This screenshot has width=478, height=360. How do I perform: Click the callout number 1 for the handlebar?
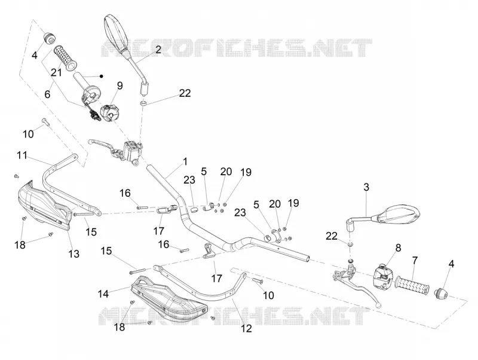pos(185,161)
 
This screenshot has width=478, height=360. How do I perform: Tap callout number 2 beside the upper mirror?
pos(158,50)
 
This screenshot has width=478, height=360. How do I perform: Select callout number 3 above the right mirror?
pos(366,187)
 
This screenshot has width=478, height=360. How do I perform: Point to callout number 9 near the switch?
pos(120,86)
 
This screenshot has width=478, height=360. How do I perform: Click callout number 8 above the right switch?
pos(398,248)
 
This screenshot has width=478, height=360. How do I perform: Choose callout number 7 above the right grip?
pos(415,261)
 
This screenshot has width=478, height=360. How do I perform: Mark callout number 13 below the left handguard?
pos(73,254)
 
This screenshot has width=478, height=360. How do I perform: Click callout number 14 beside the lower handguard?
pos(103,294)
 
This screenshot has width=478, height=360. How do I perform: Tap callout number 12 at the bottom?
pos(246,328)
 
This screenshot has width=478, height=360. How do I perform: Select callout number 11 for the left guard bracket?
pos(22,155)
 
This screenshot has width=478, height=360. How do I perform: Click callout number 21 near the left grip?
pos(56,72)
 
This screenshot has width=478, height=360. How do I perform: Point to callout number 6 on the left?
pos(47,94)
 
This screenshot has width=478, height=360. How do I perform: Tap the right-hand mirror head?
pos(398,215)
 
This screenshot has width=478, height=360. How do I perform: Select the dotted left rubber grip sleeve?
pos(65,58)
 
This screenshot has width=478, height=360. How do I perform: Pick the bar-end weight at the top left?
pos(50,38)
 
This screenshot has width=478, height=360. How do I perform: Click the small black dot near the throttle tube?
pos(102,77)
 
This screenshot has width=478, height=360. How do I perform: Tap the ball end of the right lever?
pos(379,306)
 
